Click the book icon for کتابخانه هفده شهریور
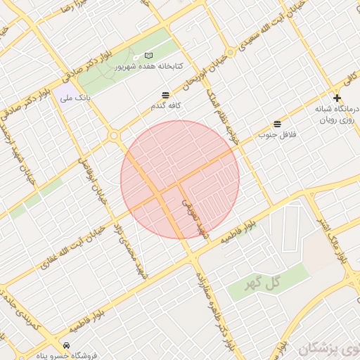(148, 55)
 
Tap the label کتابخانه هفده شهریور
(148, 65)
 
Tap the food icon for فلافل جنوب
(277, 124)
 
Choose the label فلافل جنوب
(277, 134)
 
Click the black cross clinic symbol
(337, 98)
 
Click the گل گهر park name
(262, 283)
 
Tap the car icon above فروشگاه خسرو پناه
(65, 345)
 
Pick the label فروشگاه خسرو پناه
(68, 355)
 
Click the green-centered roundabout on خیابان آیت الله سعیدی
(113, 135)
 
